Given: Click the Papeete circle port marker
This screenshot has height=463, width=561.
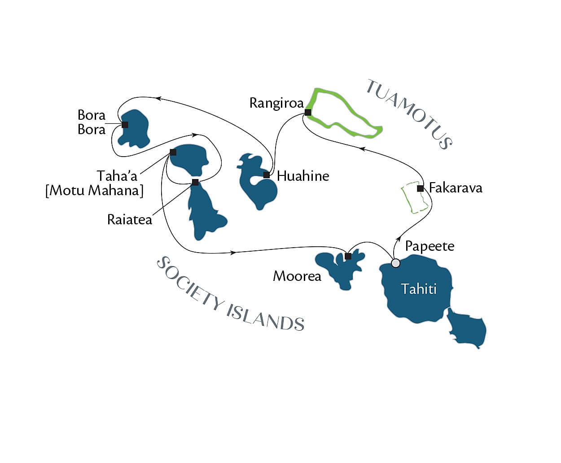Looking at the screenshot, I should (395, 263).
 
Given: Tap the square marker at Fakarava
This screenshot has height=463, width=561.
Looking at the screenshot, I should (420, 188).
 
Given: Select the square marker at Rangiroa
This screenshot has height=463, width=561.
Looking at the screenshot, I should (307, 112).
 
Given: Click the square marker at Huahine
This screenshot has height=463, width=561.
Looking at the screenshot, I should (267, 175).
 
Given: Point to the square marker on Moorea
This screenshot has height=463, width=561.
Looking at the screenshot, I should (348, 256).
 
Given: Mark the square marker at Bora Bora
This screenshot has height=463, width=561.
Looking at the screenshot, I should (125, 124).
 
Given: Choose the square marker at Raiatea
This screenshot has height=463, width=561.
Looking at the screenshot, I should (195, 182).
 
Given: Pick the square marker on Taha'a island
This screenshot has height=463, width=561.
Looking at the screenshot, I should (173, 153).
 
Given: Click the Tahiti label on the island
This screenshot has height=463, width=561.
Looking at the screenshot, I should (418, 288).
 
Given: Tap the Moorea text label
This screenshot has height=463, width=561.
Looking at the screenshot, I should (297, 276).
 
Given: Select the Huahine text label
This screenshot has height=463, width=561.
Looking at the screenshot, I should (303, 176).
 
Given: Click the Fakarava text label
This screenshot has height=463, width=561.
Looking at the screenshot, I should (456, 188).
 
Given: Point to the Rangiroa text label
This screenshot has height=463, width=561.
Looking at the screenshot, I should (276, 103).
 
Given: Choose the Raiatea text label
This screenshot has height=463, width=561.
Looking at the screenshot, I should (130, 219).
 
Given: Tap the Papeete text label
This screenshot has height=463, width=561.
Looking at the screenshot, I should (430, 246).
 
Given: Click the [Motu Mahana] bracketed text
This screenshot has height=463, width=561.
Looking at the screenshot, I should (94, 190).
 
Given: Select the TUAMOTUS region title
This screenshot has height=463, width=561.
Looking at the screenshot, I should (409, 114).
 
